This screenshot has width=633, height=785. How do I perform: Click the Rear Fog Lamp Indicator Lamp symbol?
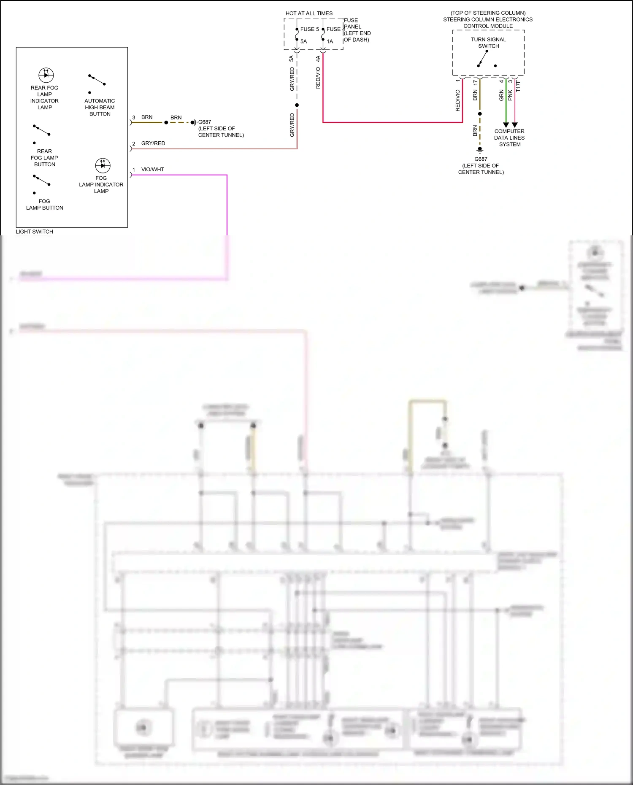[x=46, y=75]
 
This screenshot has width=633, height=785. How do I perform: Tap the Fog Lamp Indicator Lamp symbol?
[x=103, y=165]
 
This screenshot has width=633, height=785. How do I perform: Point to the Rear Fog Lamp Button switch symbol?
[x=42, y=130]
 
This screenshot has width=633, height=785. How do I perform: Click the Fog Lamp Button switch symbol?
[x=42, y=181]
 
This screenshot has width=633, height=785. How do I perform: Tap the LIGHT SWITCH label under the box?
[x=35, y=232]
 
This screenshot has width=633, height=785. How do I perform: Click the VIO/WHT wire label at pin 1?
[x=152, y=170]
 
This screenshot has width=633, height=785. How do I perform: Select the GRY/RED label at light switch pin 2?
[x=153, y=143]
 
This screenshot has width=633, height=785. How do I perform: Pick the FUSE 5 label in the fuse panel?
[x=309, y=29]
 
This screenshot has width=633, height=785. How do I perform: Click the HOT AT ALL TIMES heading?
[x=309, y=13]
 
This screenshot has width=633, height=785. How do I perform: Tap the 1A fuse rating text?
[x=330, y=41]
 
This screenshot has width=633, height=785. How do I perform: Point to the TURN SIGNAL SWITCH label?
[x=488, y=43]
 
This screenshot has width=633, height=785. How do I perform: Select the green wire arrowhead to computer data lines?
[x=506, y=125]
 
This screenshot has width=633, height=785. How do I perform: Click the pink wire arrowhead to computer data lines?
[x=514, y=125]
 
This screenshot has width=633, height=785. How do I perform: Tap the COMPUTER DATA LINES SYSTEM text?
[x=509, y=138]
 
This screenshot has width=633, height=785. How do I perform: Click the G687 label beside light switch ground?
[x=205, y=122]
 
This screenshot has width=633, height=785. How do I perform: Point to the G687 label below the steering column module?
[x=481, y=159]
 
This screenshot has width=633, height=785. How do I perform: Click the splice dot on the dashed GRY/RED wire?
[x=297, y=105]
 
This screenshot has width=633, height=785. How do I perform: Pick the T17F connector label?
[x=518, y=86]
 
